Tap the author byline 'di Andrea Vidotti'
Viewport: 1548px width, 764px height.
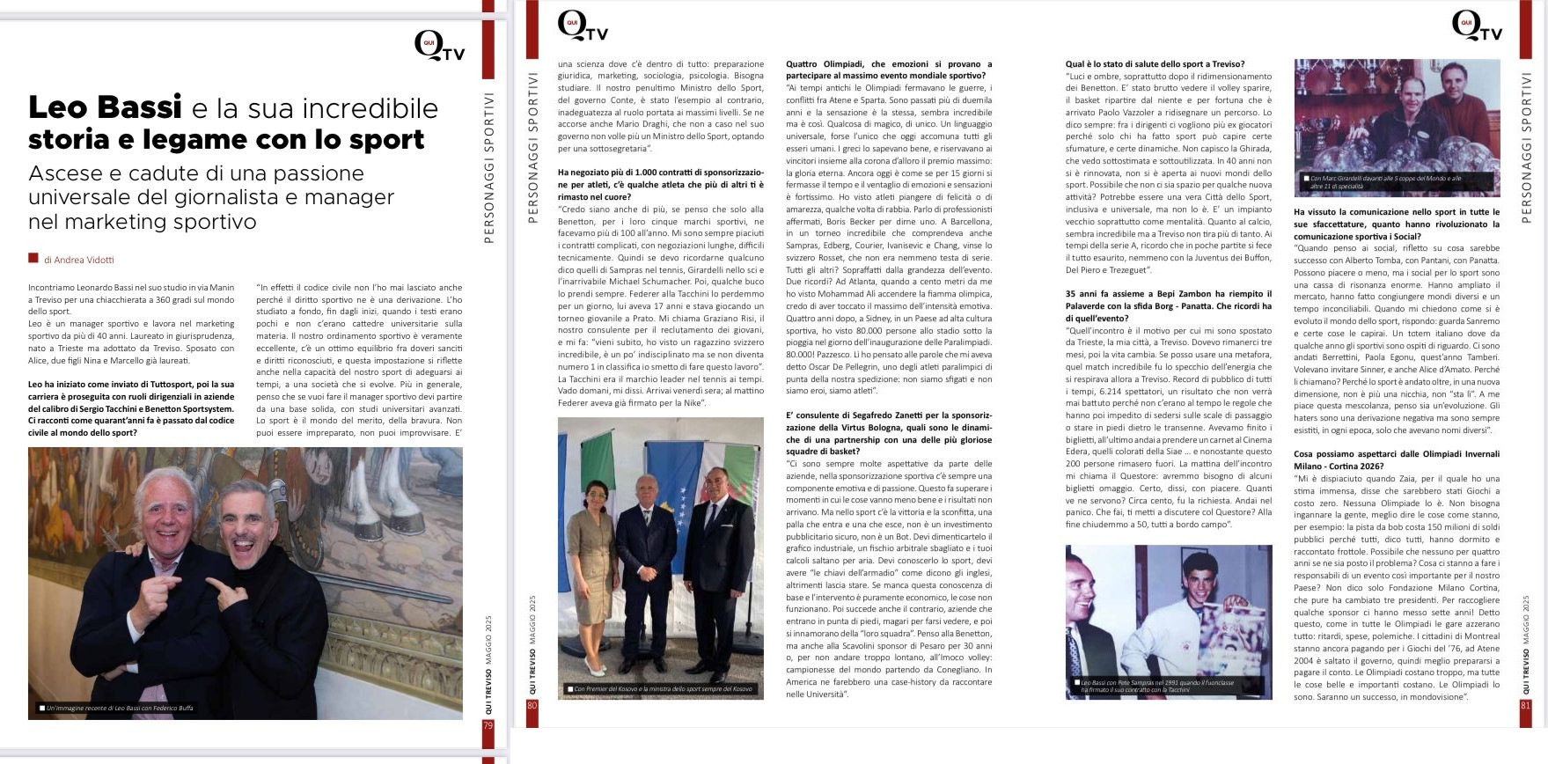tap(78, 260)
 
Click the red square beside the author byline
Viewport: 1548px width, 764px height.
tap(33, 259)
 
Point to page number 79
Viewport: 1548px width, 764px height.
tap(488, 726)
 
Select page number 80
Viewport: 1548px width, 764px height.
tap(532, 705)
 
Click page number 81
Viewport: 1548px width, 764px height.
tap(1526, 705)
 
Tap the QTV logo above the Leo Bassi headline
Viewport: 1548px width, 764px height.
tap(438, 46)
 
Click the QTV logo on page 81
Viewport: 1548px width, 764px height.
tap(1475, 27)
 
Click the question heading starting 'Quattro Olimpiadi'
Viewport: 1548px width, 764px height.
tap(888, 70)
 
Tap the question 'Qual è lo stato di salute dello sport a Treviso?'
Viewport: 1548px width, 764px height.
tap(1155, 64)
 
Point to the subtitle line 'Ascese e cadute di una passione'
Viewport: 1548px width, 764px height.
tap(196, 173)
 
